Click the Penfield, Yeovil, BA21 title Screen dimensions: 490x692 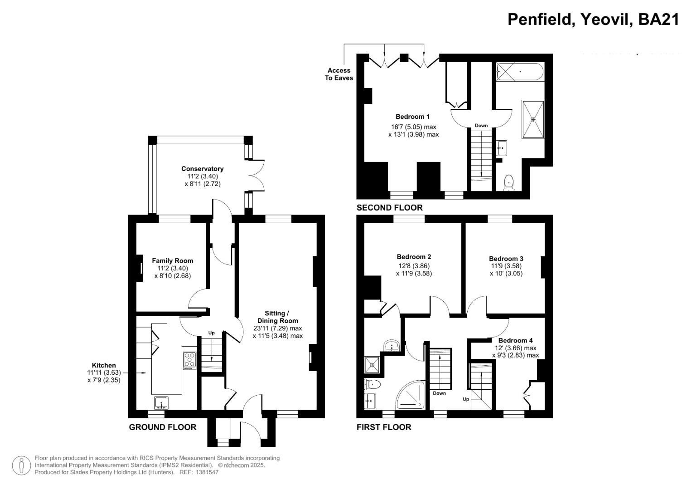click(593, 20)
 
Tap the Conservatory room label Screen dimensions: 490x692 click(202, 169)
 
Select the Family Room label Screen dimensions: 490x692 click(172, 260)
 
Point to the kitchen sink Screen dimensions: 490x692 click(161, 402)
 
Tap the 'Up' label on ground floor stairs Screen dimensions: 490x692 click(211, 333)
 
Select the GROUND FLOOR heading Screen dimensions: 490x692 click(162, 427)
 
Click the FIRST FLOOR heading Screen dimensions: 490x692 click(383, 427)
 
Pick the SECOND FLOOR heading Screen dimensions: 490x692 click(389, 208)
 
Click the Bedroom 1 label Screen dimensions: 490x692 click(412, 117)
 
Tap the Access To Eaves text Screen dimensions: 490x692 click(339, 74)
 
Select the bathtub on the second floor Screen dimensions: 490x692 click(519, 72)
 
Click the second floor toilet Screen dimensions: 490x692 click(510, 182)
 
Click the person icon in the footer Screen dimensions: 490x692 click(21, 466)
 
